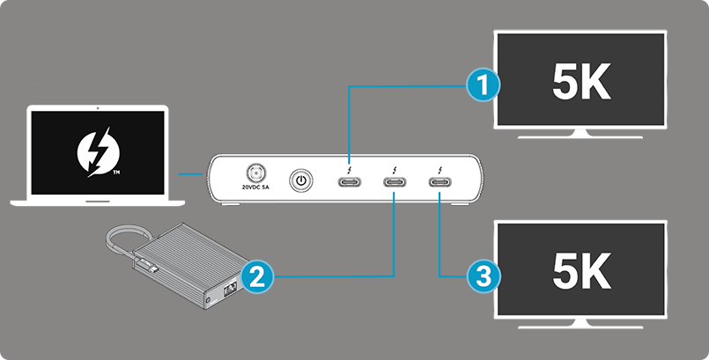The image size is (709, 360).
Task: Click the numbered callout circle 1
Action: pyautogui.click(x=481, y=85)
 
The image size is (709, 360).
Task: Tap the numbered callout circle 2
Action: pyautogui.click(x=254, y=276)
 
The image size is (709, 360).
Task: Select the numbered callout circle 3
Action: pyautogui.click(x=481, y=276)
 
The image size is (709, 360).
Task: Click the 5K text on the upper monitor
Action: pyautogui.click(x=580, y=83)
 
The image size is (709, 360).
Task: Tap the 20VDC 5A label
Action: pyautogui.click(x=258, y=188)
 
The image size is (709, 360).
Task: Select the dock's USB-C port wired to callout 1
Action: pyautogui.click(x=349, y=182)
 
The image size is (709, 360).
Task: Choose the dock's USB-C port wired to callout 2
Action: pyautogui.click(x=395, y=182)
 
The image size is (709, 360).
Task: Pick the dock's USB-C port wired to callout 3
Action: pyautogui.click(x=439, y=182)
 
